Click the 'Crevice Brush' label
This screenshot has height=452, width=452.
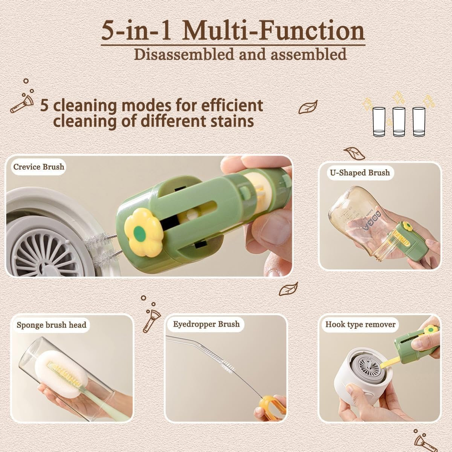(x=38, y=167)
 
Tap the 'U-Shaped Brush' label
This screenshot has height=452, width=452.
(x=360, y=173)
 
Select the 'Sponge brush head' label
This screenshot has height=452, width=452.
(x=51, y=325)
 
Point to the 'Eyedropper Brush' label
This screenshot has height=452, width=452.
(x=206, y=324)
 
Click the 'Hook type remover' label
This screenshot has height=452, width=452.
(x=360, y=324)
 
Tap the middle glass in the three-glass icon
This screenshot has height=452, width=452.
(x=399, y=122)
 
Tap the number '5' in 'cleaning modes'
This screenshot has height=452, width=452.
(x=44, y=105)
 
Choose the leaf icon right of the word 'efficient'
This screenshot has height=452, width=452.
(x=308, y=107)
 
